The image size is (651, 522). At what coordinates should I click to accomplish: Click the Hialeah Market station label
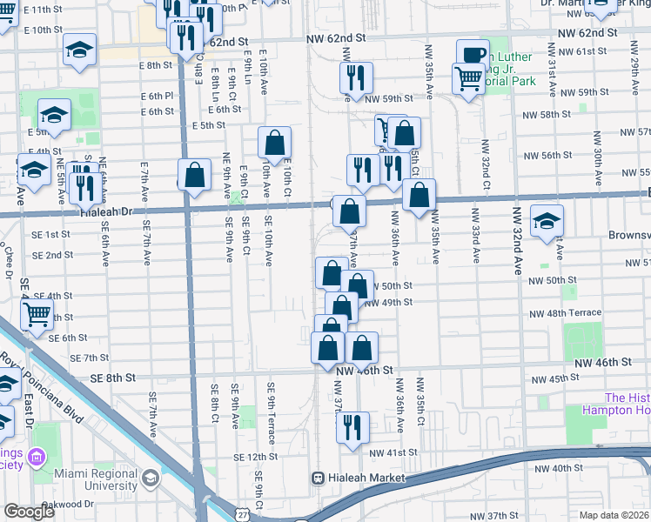point(367,478)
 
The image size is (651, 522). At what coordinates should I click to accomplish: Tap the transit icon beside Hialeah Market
point(319,478)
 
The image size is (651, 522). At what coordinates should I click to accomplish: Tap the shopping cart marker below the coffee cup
point(468,81)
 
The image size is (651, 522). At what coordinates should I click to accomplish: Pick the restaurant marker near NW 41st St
point(352,427)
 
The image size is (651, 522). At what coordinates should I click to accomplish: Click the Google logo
point(29,512)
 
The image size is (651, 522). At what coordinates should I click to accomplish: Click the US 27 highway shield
point(241,514)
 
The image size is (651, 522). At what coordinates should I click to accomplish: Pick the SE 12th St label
point(255,457)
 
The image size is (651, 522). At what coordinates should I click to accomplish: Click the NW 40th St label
point(559,468)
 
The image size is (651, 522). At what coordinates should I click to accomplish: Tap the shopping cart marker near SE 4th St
point(37,314)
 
